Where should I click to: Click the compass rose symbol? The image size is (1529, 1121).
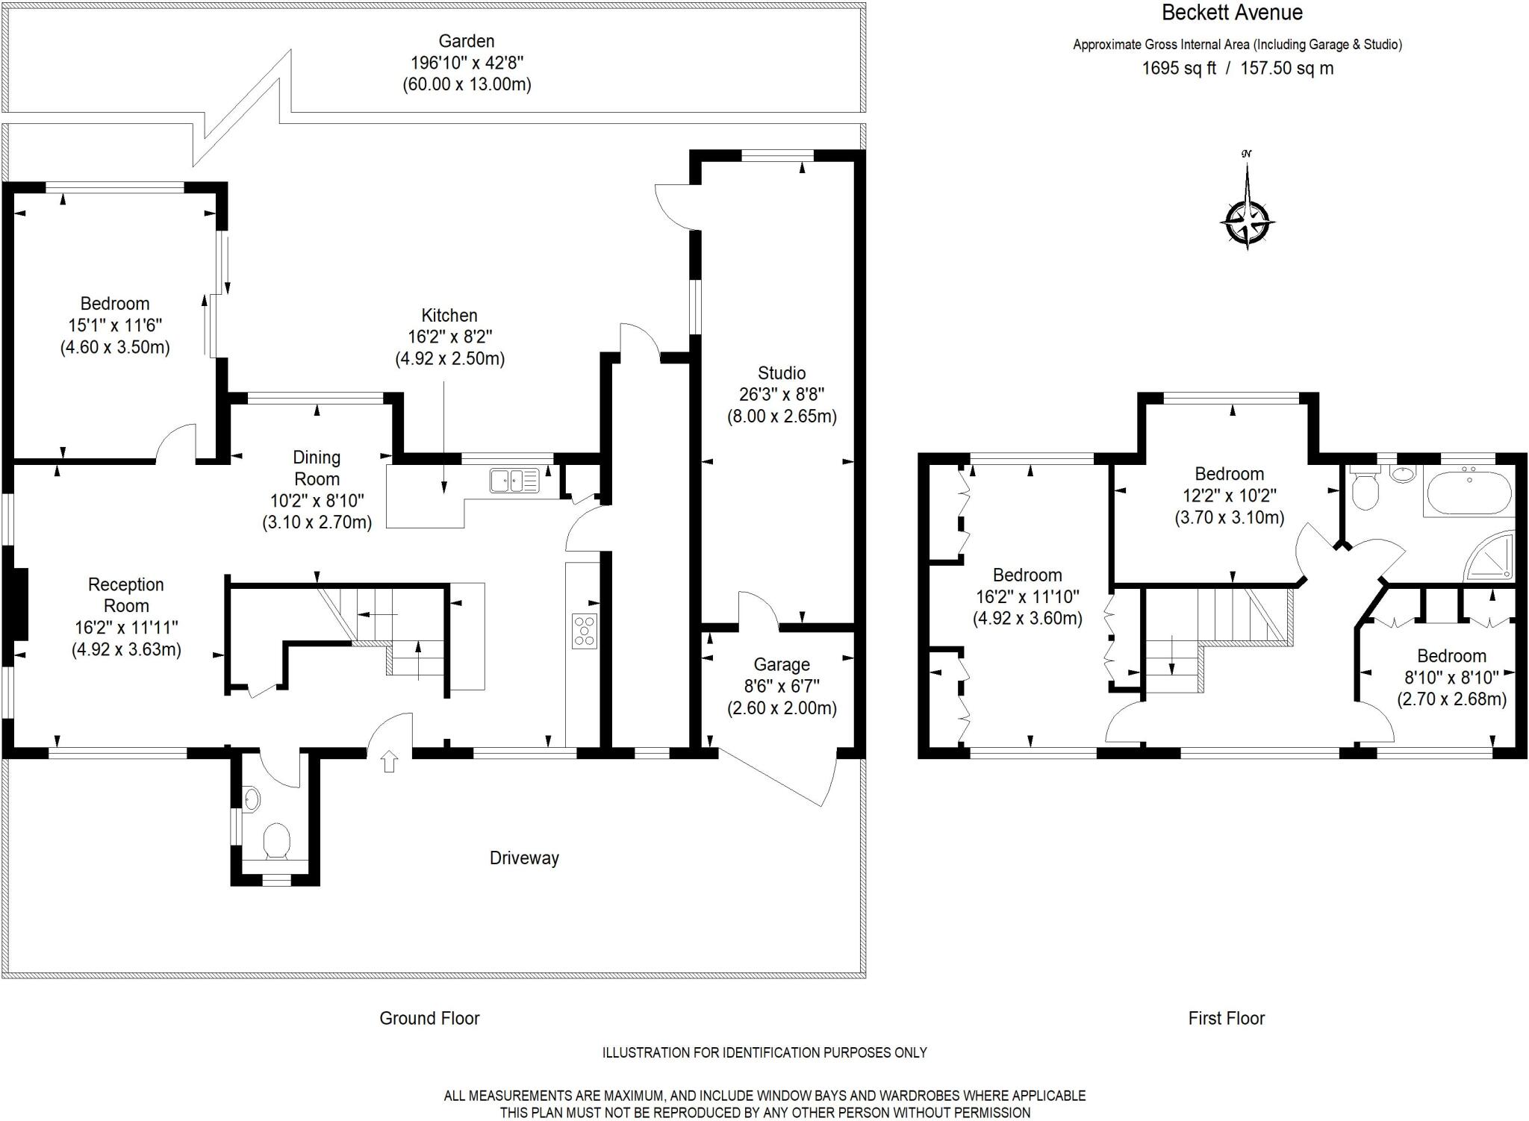coord(1247,222)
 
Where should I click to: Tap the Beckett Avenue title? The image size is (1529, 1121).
coord(1232,13)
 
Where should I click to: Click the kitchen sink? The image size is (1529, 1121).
coord(514,480)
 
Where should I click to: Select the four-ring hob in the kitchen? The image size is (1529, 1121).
coord(585,631)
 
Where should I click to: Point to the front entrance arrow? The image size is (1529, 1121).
coord(389,762)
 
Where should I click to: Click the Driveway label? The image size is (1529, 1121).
coord(524,858)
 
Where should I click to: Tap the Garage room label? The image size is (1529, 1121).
coord(782,664)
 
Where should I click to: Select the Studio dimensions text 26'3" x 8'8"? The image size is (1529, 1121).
coord(782,395)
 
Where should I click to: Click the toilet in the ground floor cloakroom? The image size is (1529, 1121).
coord(277,840)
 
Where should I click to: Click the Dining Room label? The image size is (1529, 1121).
coord(317,468)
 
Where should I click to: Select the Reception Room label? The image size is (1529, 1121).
coord(125,595)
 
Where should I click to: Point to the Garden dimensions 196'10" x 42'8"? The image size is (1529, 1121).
coord(467,63)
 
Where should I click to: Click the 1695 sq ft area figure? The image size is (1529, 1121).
coord(1179,69)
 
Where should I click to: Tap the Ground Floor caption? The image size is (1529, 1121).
coord(429,1018)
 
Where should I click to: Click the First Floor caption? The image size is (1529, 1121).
coord(1226,1018)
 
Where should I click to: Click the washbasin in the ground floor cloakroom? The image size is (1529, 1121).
coord(252,800)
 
